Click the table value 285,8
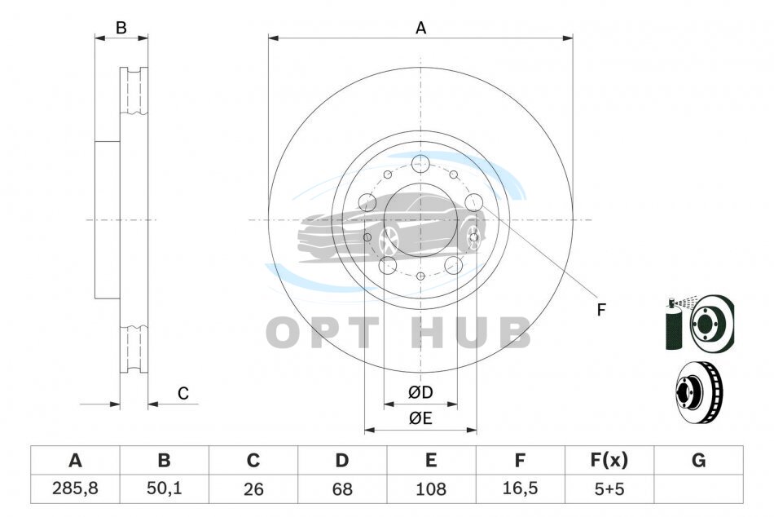pos(75,488)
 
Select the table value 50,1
pos(165,488)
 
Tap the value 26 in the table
pos(253,488)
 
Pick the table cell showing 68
pos(342,488)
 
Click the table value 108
pos(431,488)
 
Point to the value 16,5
pos(520,488)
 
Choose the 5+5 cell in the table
pos(609,488)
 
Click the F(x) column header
pos(609,460)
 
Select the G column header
pos(698,460)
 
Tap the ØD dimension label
pos(420,392)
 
